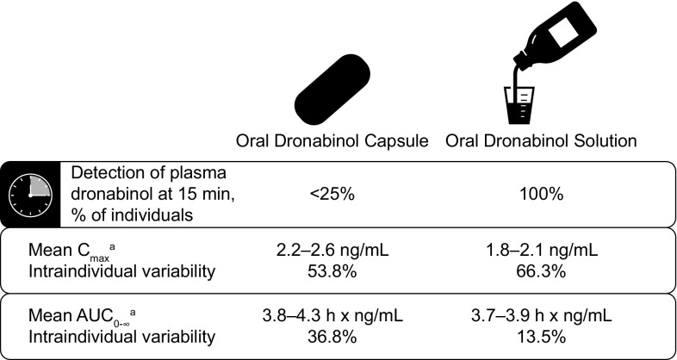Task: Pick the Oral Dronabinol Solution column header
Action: (541, 142)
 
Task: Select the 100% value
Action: (542, 193)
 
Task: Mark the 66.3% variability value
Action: (542, 271)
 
